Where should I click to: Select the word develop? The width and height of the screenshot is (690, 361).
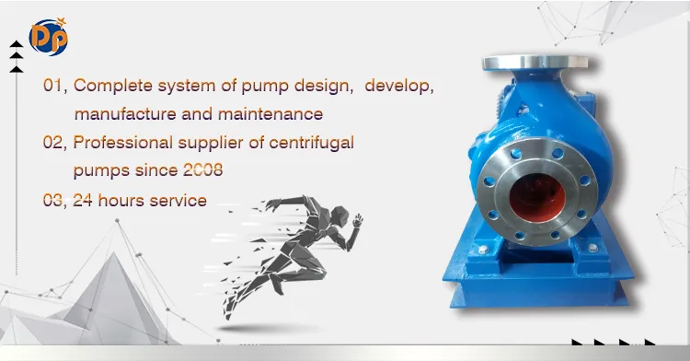point(397,86)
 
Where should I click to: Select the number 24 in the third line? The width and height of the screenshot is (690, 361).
point(84,200)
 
